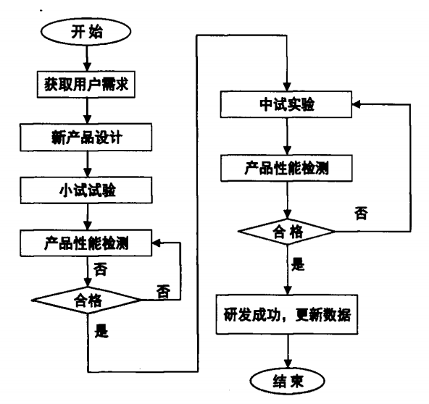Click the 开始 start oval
pyautogui.click(x=86, y=33)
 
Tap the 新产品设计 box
pyautogui.click(x=86, y=135)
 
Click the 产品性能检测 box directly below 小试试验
pyautogui.click(x=86, y=243)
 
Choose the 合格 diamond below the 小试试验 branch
pyautogui.click(x=86, y=297)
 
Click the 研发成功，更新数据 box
pyautogui.click(x=289, y=316)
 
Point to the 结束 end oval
pyautogui.click(x=289, y=380)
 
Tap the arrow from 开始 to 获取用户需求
pyautogui.click(x=86, y=56)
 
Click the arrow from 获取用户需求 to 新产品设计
pyautogui.click(x=86, y=108)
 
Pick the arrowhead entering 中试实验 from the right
pyautogui.click(x=357, y=106)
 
